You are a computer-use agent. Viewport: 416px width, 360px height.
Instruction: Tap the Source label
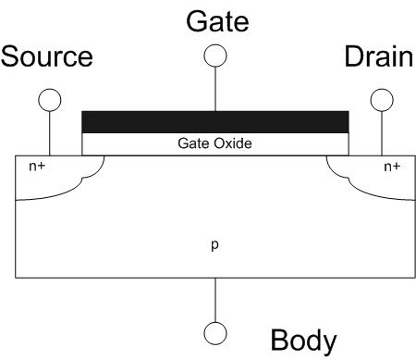click(x=47, y=57)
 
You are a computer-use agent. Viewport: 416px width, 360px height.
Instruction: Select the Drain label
click(x=378, y=57)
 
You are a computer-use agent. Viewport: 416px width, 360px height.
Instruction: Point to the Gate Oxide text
click(x=214, y=144)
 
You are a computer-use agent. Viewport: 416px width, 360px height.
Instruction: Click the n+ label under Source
click(x=37, y=168)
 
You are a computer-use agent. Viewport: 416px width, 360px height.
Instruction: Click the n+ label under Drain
click(x=392, y=168)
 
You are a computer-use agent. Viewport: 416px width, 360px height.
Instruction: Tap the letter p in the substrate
click(x=215, y=245)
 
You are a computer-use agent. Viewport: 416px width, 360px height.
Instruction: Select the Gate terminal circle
click(x=215, y=55)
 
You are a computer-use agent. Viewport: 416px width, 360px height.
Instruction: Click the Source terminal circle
click(x=49, y=99)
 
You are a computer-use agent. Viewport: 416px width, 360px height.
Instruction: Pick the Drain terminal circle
click(x=380, y=99)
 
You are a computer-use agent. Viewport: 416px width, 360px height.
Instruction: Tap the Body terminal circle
click(x=215, y=331)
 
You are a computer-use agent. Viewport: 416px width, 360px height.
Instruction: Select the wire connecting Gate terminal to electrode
click(x=215, y=88)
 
